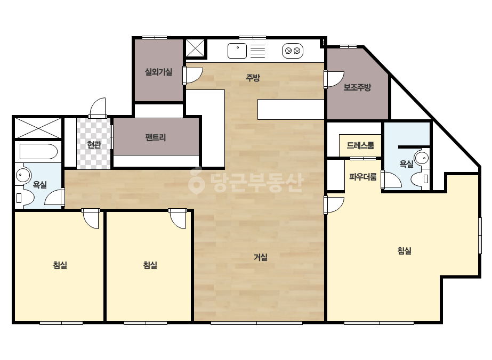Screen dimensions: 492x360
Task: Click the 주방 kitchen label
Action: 253,77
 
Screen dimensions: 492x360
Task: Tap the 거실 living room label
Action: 261,257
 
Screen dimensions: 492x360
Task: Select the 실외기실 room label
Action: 158,72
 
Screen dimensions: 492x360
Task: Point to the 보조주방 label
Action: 357,87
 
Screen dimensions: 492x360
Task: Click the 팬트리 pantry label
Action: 156,137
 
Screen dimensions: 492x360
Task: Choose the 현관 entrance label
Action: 94,144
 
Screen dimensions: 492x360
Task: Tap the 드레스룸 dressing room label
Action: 360,145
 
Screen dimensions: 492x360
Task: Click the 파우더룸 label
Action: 362,177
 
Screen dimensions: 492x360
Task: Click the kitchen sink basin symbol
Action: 237,51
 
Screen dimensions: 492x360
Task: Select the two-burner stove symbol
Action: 293,51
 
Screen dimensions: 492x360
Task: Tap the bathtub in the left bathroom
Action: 38,152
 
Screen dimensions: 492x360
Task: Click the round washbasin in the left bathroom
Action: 22,175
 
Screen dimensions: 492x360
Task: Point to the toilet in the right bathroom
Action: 420,179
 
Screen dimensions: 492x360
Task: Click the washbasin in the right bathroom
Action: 422,158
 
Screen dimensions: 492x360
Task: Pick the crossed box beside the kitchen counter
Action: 195,48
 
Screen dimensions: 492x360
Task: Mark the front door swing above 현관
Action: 98,108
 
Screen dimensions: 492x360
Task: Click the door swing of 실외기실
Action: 193,76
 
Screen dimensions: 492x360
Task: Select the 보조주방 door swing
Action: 334,79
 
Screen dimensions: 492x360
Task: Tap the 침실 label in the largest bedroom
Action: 404,250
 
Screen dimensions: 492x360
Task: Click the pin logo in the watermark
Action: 196,181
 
